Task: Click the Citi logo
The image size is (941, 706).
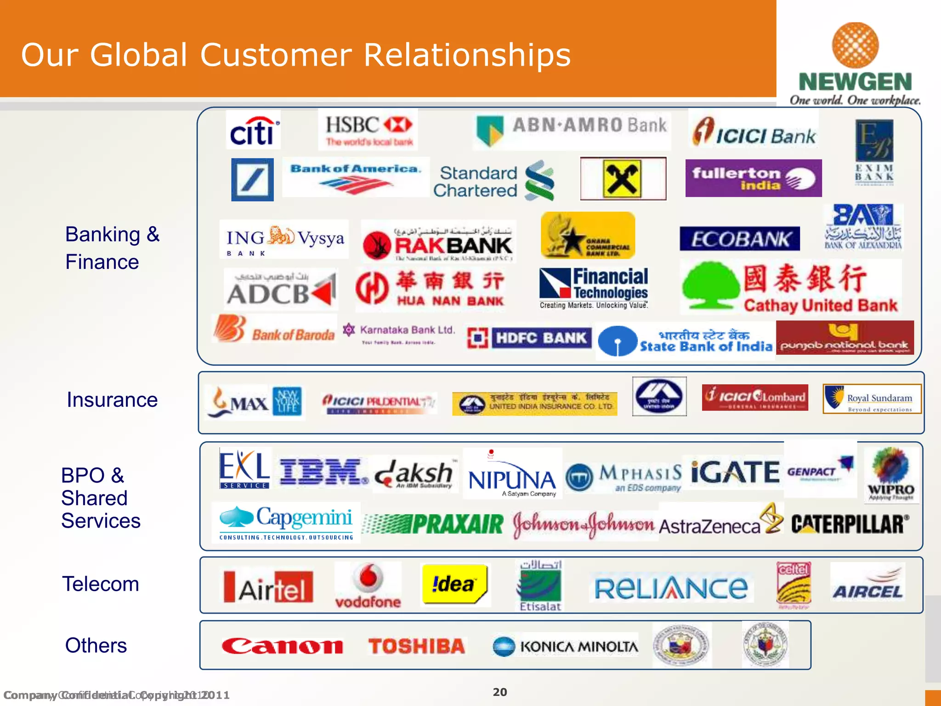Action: point(253,131)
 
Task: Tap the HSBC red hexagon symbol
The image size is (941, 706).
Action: point(398,124)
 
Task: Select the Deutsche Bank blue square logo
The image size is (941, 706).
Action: point(252,180)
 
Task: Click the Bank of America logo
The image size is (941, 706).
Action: point(356,177)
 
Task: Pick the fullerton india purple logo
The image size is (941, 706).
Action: point(753,178)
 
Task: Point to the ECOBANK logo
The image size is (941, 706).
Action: point(739,239)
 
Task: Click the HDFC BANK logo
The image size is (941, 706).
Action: point(529,338)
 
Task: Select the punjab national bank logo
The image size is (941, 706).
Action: point(845,338)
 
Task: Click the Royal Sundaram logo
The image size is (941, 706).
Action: point(872,399)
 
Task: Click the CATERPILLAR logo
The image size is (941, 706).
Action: point(850,524)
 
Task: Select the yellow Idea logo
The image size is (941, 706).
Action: point(454,584)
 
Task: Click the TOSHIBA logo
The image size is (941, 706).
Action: point(416,646)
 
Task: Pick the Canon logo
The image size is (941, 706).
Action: point(282,646)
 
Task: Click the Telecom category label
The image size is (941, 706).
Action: point(101,584)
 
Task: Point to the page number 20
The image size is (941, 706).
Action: point(499,692)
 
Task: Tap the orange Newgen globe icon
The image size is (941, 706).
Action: point(855,46)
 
